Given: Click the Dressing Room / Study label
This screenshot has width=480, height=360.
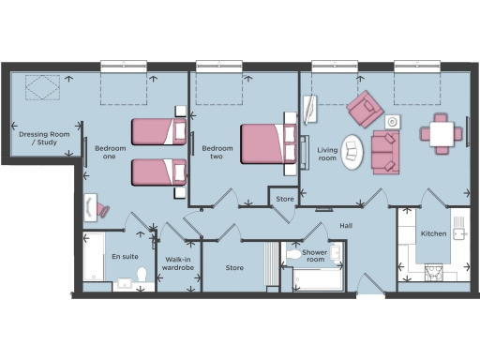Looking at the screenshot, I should [x=44, y=139].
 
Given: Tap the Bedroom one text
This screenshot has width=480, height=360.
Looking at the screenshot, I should [x=110, y=153].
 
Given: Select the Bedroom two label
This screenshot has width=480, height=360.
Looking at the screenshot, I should [x=217, y=153].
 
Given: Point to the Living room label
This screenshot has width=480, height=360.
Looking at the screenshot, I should [x=327, y=154].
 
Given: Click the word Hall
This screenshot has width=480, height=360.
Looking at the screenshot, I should [x=346, y=226].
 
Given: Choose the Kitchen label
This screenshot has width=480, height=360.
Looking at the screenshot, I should [x=433, y=232].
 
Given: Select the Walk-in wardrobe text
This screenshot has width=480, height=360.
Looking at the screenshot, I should [x=177, y=263].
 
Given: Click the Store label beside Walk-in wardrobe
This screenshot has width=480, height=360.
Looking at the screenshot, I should [x=234, y=268].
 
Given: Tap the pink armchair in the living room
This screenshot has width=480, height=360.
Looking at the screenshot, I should [x=364, y=111].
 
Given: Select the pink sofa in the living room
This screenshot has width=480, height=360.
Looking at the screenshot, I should [x=384, y=152].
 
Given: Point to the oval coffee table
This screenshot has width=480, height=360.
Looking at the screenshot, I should [x=352, y=152].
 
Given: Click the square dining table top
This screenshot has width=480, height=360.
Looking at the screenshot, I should [x=440, y=132].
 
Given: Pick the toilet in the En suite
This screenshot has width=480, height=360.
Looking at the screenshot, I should [x=142, y=276].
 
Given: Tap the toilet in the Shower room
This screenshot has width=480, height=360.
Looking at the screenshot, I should [x=293, y=254].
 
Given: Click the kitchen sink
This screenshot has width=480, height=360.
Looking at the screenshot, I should [x=459, y=232].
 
